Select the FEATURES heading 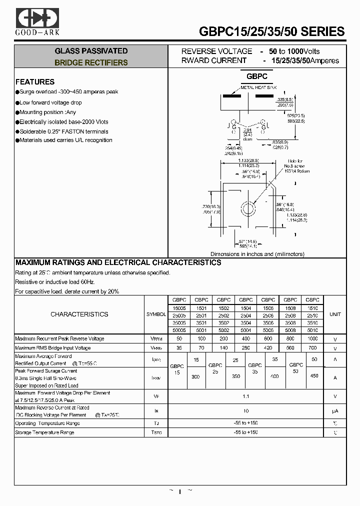35,82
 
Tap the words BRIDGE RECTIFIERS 91,63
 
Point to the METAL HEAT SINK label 258,87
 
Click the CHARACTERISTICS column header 79,314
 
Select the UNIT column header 335,314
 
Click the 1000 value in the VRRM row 312,338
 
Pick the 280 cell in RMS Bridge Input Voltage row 245,348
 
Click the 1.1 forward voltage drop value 245,397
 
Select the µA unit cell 335,411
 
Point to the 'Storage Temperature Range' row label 45,432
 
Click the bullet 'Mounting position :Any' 48,112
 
